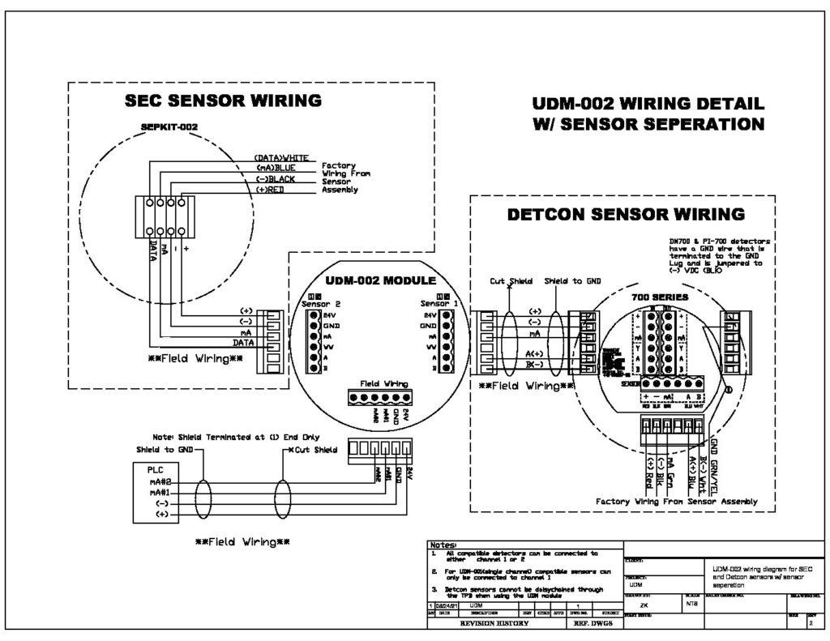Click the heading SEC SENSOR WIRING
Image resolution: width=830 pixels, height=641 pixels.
click(223, 101)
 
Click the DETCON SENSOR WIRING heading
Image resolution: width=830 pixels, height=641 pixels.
click(625, 215)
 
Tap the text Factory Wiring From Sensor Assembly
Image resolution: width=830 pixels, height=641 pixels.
click(677, 502)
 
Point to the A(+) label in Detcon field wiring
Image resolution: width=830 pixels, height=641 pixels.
click(533, 353)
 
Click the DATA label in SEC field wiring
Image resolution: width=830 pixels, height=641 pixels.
click(244, 343)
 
